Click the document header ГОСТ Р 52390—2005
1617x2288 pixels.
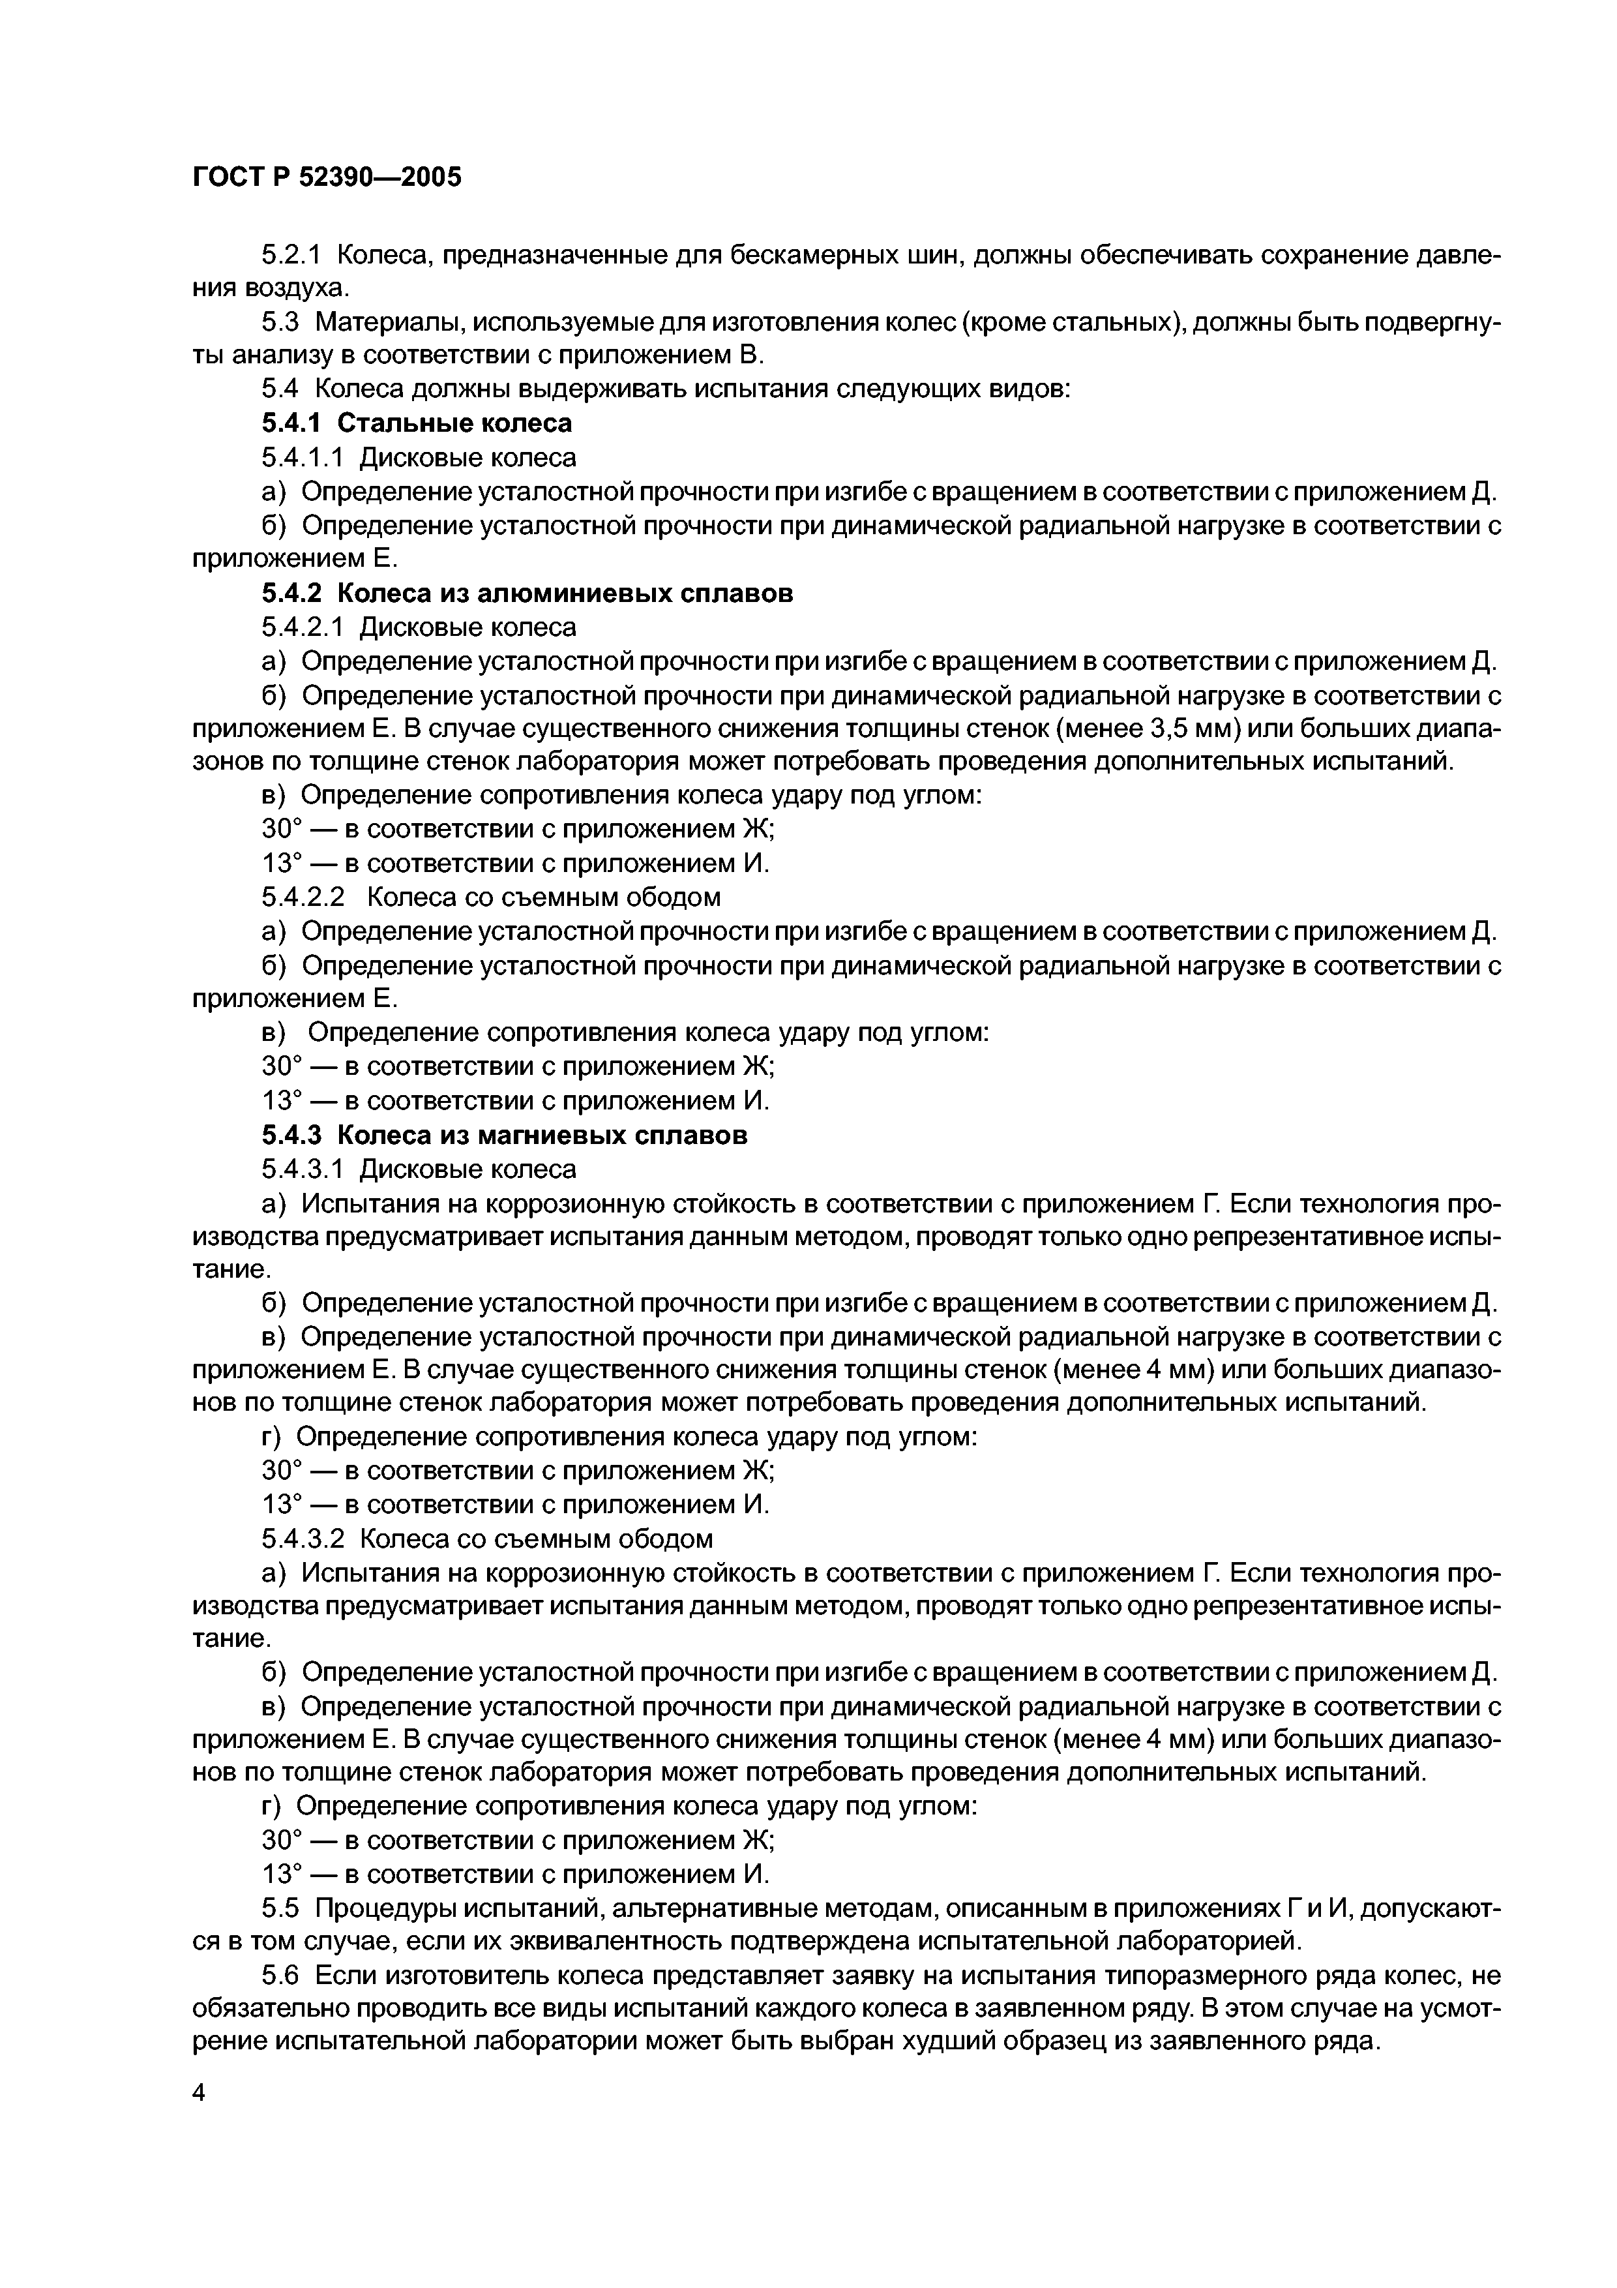pyautogui.click(x=327, y=178)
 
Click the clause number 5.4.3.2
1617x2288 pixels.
pyautogui.click(x=303, y=1540)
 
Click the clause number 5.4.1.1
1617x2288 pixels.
pyautogui.click(x=303, y=457)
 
